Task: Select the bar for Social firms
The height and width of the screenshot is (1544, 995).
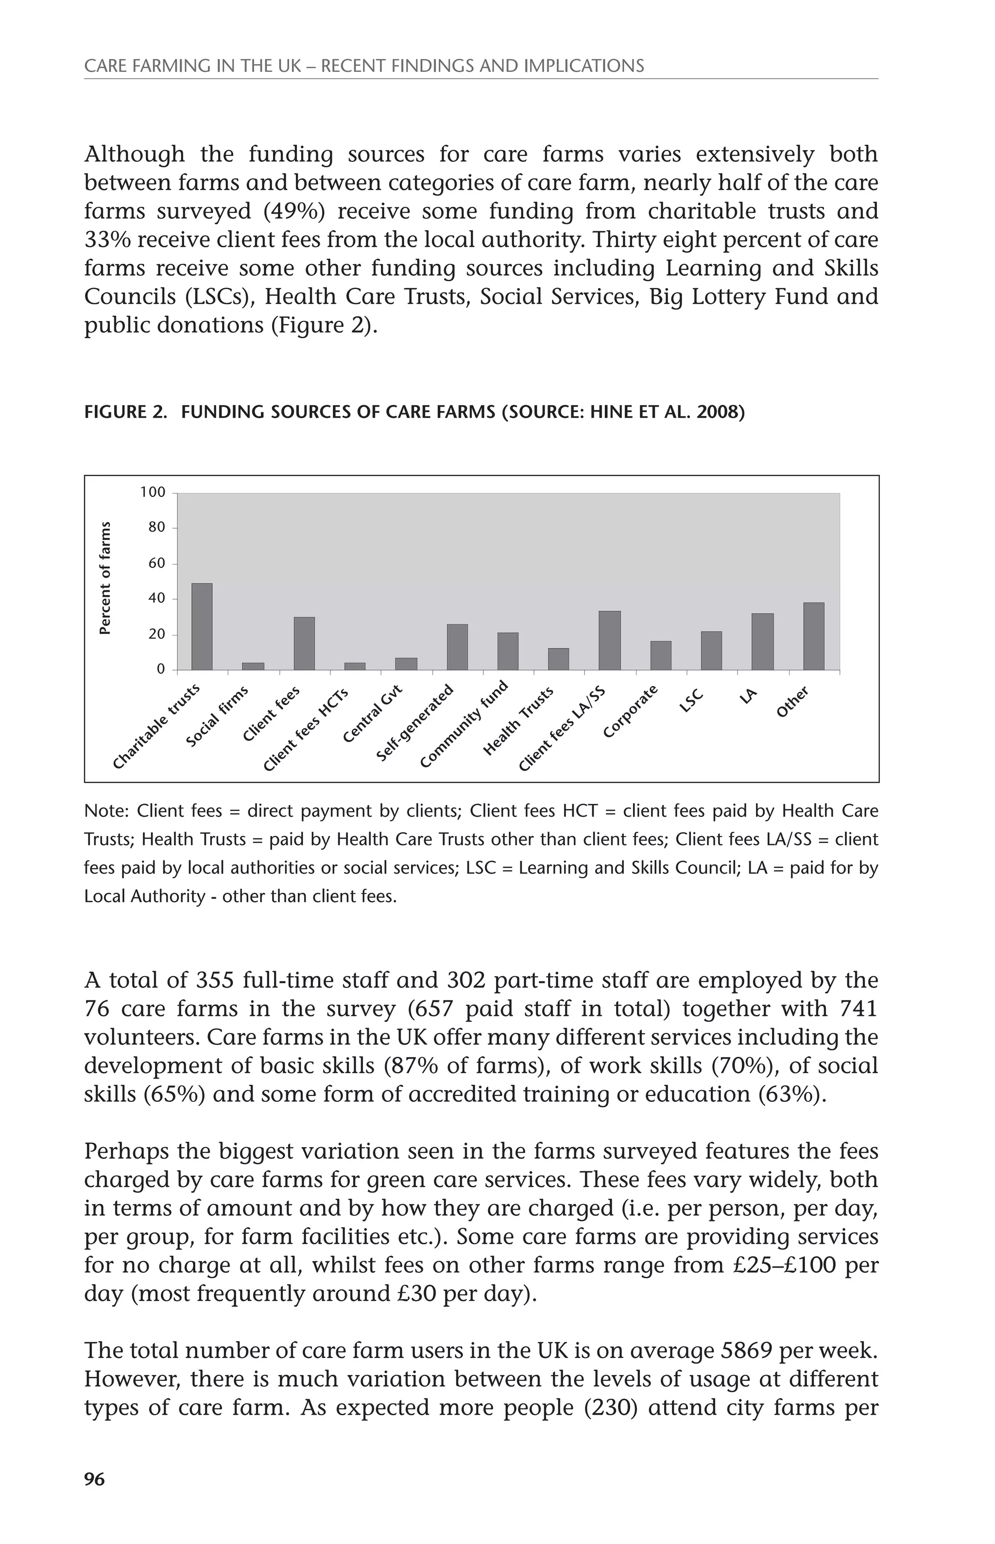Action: tap(253, 666)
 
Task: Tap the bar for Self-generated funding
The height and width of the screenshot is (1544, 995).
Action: tap(458, 647)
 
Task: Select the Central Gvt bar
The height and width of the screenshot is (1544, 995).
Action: tap(406, 664)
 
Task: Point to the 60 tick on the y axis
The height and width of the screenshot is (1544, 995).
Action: tap(157, 564)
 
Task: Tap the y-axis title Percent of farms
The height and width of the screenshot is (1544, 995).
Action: tap(104, 578)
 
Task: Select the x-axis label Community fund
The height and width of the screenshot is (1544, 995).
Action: tap(464, 724)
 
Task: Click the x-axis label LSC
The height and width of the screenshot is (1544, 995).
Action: tap(691, 701)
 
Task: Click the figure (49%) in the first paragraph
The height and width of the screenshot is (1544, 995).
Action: tap(299, 211)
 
